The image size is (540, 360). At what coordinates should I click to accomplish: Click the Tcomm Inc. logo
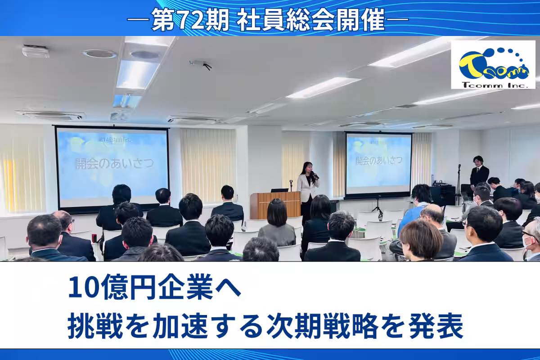click(x=493, y=65)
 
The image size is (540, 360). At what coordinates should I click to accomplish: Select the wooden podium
click(x=275, y=205)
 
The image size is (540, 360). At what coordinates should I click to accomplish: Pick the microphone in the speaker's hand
click(x=313, y=174)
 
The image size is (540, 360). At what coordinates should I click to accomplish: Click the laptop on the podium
click(x=280, y=190)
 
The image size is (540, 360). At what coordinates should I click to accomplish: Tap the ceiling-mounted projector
click(x=200, y=64)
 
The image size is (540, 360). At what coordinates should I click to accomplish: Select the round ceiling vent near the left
click(x=99, y=54)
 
